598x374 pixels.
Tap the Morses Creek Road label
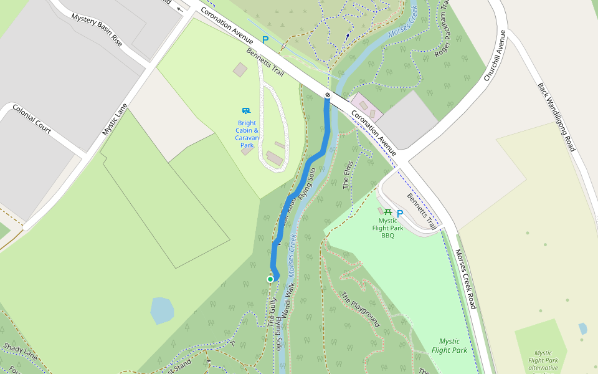pos(465,279)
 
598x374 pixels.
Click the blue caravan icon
pos(246,110)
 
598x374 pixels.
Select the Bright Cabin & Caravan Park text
pos(247,134)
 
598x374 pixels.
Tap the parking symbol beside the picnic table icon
pos(400,213)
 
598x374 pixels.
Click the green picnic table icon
pos(388,212)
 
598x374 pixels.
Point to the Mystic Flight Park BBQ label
pos(388,228)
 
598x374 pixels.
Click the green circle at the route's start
pos(270,279)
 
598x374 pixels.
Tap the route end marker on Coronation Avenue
pos(328,95)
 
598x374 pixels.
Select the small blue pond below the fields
pos(162,310)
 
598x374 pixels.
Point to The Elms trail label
pos(348,175)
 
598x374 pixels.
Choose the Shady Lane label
pos(21,350)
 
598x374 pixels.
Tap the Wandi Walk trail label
pos(287,302)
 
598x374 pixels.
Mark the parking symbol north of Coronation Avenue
pos(265,40)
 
